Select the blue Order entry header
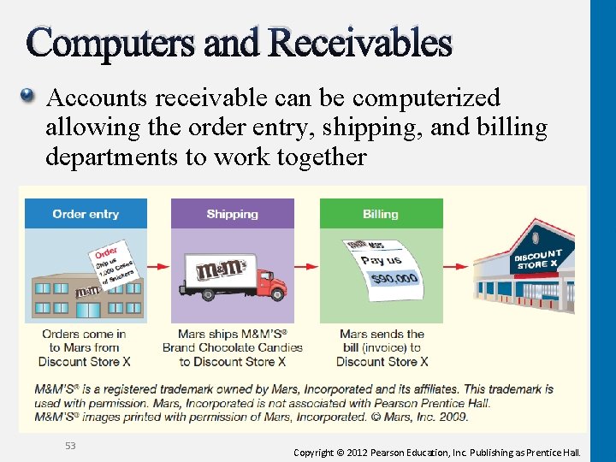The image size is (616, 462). click(x=86, y=214)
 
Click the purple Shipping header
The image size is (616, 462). click(x=232, y=214)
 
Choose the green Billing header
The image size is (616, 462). click(x=381, y=214)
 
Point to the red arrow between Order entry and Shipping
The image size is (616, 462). click(x=159, y=265)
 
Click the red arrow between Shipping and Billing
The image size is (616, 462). click(x=306, y=265)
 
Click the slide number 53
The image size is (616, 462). click(x=70, y=445)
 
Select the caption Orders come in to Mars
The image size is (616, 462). click(x=85, y=347)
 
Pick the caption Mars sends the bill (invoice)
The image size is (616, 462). click(x=382, y=347)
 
